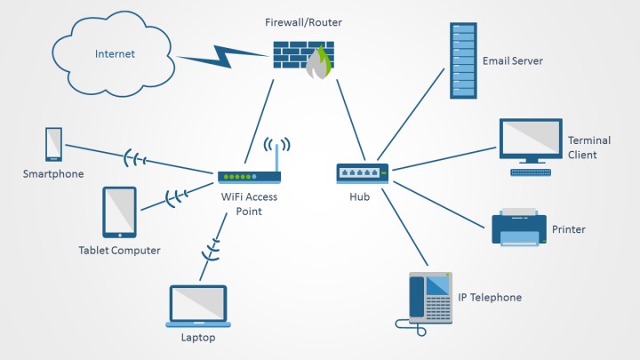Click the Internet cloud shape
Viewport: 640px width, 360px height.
point(115,53)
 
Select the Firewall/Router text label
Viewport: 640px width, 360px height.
point(302,20)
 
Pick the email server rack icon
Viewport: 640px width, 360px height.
point(462,60)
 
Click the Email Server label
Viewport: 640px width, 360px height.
point(512,61)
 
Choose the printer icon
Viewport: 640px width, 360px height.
point(519,228)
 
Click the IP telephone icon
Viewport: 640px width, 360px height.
point(429,300)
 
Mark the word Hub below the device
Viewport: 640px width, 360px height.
point(359,197)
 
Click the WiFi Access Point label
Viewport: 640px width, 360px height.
point(248,204)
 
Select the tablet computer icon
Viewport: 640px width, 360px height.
point(119,212)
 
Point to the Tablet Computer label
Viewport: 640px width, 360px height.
point(119,251)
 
